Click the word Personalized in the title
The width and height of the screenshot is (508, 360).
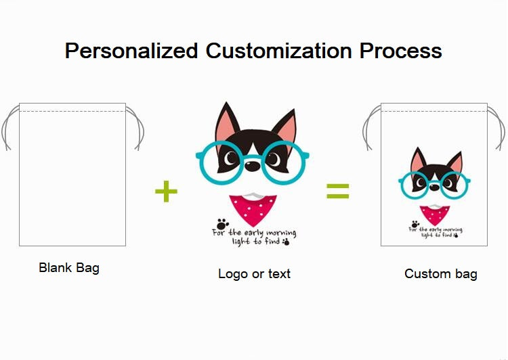click(131, 51)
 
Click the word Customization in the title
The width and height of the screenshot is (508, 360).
click(278, 51)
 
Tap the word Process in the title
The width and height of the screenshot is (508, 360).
click(401, 51)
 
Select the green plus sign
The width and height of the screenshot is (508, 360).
click(166, 191)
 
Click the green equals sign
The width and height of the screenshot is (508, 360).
click(337, 191)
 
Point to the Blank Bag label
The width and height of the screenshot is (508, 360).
click(69, 268)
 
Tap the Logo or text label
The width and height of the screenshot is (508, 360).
click(254, 274)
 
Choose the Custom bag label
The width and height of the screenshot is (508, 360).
click(441, 274)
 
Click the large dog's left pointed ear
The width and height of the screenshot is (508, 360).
click(226, 122)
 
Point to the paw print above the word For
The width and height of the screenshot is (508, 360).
click(223, 224)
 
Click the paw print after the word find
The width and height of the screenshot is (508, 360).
click(286, 242)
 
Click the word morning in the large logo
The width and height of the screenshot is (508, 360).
click(281, 233)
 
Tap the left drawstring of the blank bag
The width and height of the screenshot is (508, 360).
click(9, 128)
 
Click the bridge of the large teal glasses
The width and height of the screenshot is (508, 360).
click(253, 158)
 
